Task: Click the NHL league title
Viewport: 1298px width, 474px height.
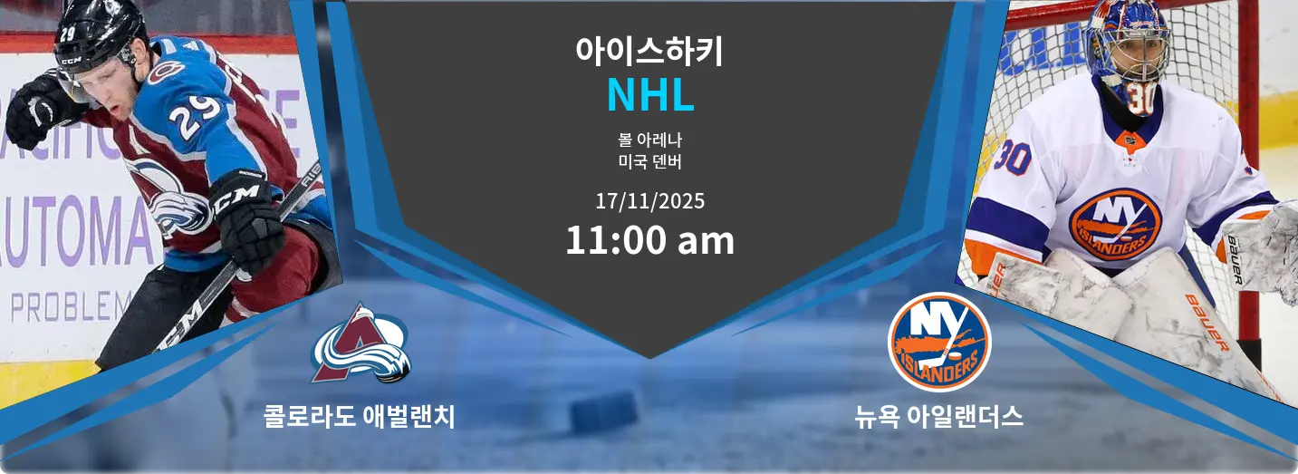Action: [x=649, y=95]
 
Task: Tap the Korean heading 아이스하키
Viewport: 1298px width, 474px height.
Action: [x=649, y=50]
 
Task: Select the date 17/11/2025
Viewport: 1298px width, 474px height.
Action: [x=649, y=200]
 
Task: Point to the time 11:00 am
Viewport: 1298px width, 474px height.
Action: [x=649, y=241]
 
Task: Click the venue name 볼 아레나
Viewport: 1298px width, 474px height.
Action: [x=649, y=140]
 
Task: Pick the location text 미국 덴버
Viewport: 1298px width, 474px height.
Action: [x=649, y=163]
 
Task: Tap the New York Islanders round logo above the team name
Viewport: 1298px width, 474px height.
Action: [x=939, y=343]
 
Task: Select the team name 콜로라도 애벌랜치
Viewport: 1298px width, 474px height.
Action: [x=359, y=416]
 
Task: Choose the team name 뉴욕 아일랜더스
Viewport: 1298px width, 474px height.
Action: [x=939, y=416]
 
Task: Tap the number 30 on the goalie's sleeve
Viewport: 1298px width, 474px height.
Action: [x=1013, y=159]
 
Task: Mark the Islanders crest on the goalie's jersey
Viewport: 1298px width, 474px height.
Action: [x=1114, y=224]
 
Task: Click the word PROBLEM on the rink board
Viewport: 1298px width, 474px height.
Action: [x=71, y=307]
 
